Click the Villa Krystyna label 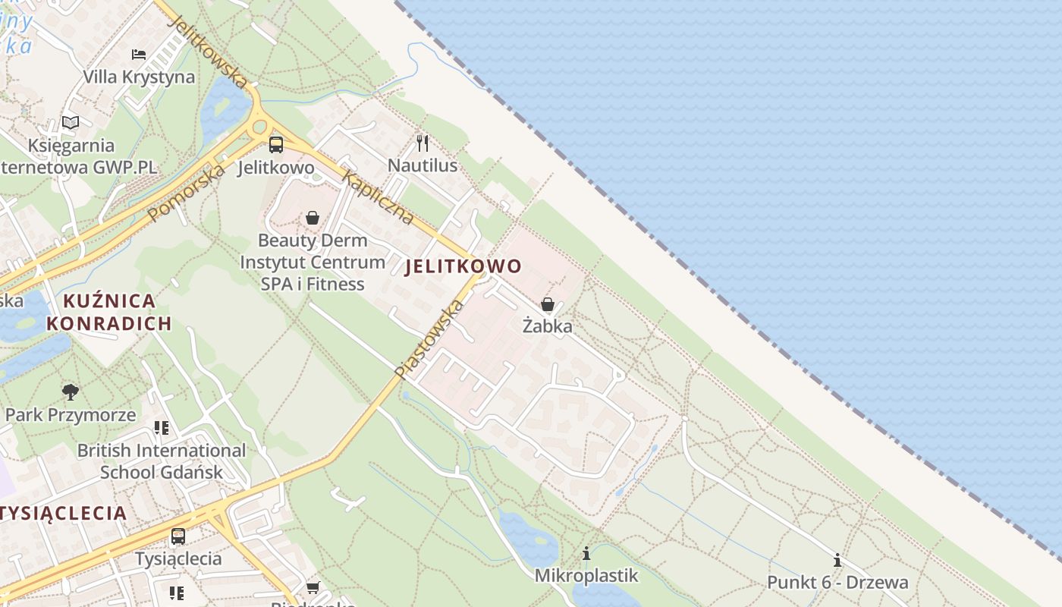139,77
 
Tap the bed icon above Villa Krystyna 139,54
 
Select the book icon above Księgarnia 71,122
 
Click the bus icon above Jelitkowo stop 276,144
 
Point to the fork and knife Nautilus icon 423,143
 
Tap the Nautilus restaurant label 423,165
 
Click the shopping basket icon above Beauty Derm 313,219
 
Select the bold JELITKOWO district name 463,266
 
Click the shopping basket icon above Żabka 548,304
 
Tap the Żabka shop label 548,326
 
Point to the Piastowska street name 429,339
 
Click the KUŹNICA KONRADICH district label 109,312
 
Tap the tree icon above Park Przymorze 71,392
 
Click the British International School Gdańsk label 162,461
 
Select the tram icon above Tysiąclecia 178,536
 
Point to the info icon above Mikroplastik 586,554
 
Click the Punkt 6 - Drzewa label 837,583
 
